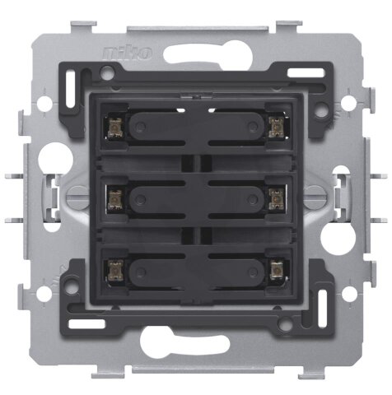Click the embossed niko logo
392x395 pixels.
tap(128, 53)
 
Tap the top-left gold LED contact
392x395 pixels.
tap(114, 128)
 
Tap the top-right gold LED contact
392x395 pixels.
tap(276, 127)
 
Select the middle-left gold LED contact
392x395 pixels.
tap(114, 199)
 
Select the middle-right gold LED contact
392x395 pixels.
tap(277, 198)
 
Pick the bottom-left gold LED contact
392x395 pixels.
tap(114, 270)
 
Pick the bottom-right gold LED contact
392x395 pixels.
tap(277, 269)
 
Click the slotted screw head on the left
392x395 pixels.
tap(77, 194)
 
